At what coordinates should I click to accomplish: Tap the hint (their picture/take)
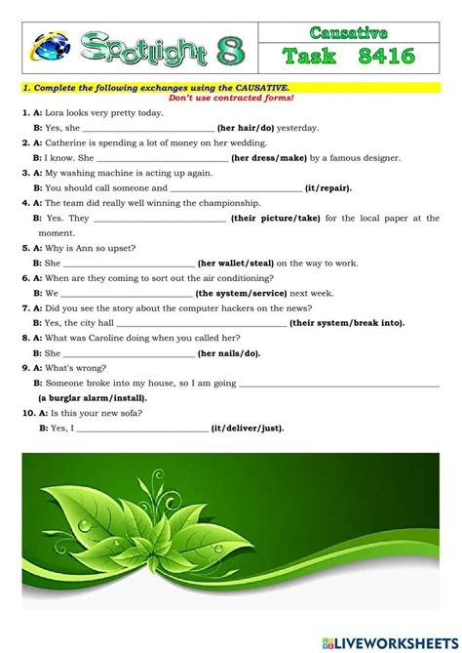point(277,219)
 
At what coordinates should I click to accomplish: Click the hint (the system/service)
point(240,292)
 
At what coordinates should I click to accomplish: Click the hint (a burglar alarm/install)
point(93,397)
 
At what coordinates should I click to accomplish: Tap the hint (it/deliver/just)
point(248,428)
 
